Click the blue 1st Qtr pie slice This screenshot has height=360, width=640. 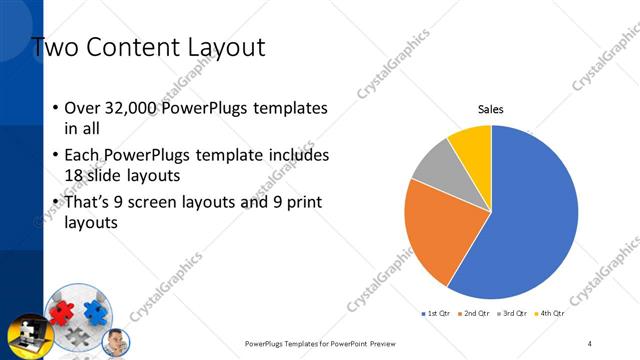[530, 220]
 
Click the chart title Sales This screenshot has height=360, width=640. [490, 110]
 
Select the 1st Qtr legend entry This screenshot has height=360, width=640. [436, 315]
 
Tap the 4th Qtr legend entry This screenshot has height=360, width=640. [549, 315]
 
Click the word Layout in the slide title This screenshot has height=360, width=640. [214, 47]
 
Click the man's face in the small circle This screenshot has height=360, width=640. [114, 340]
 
